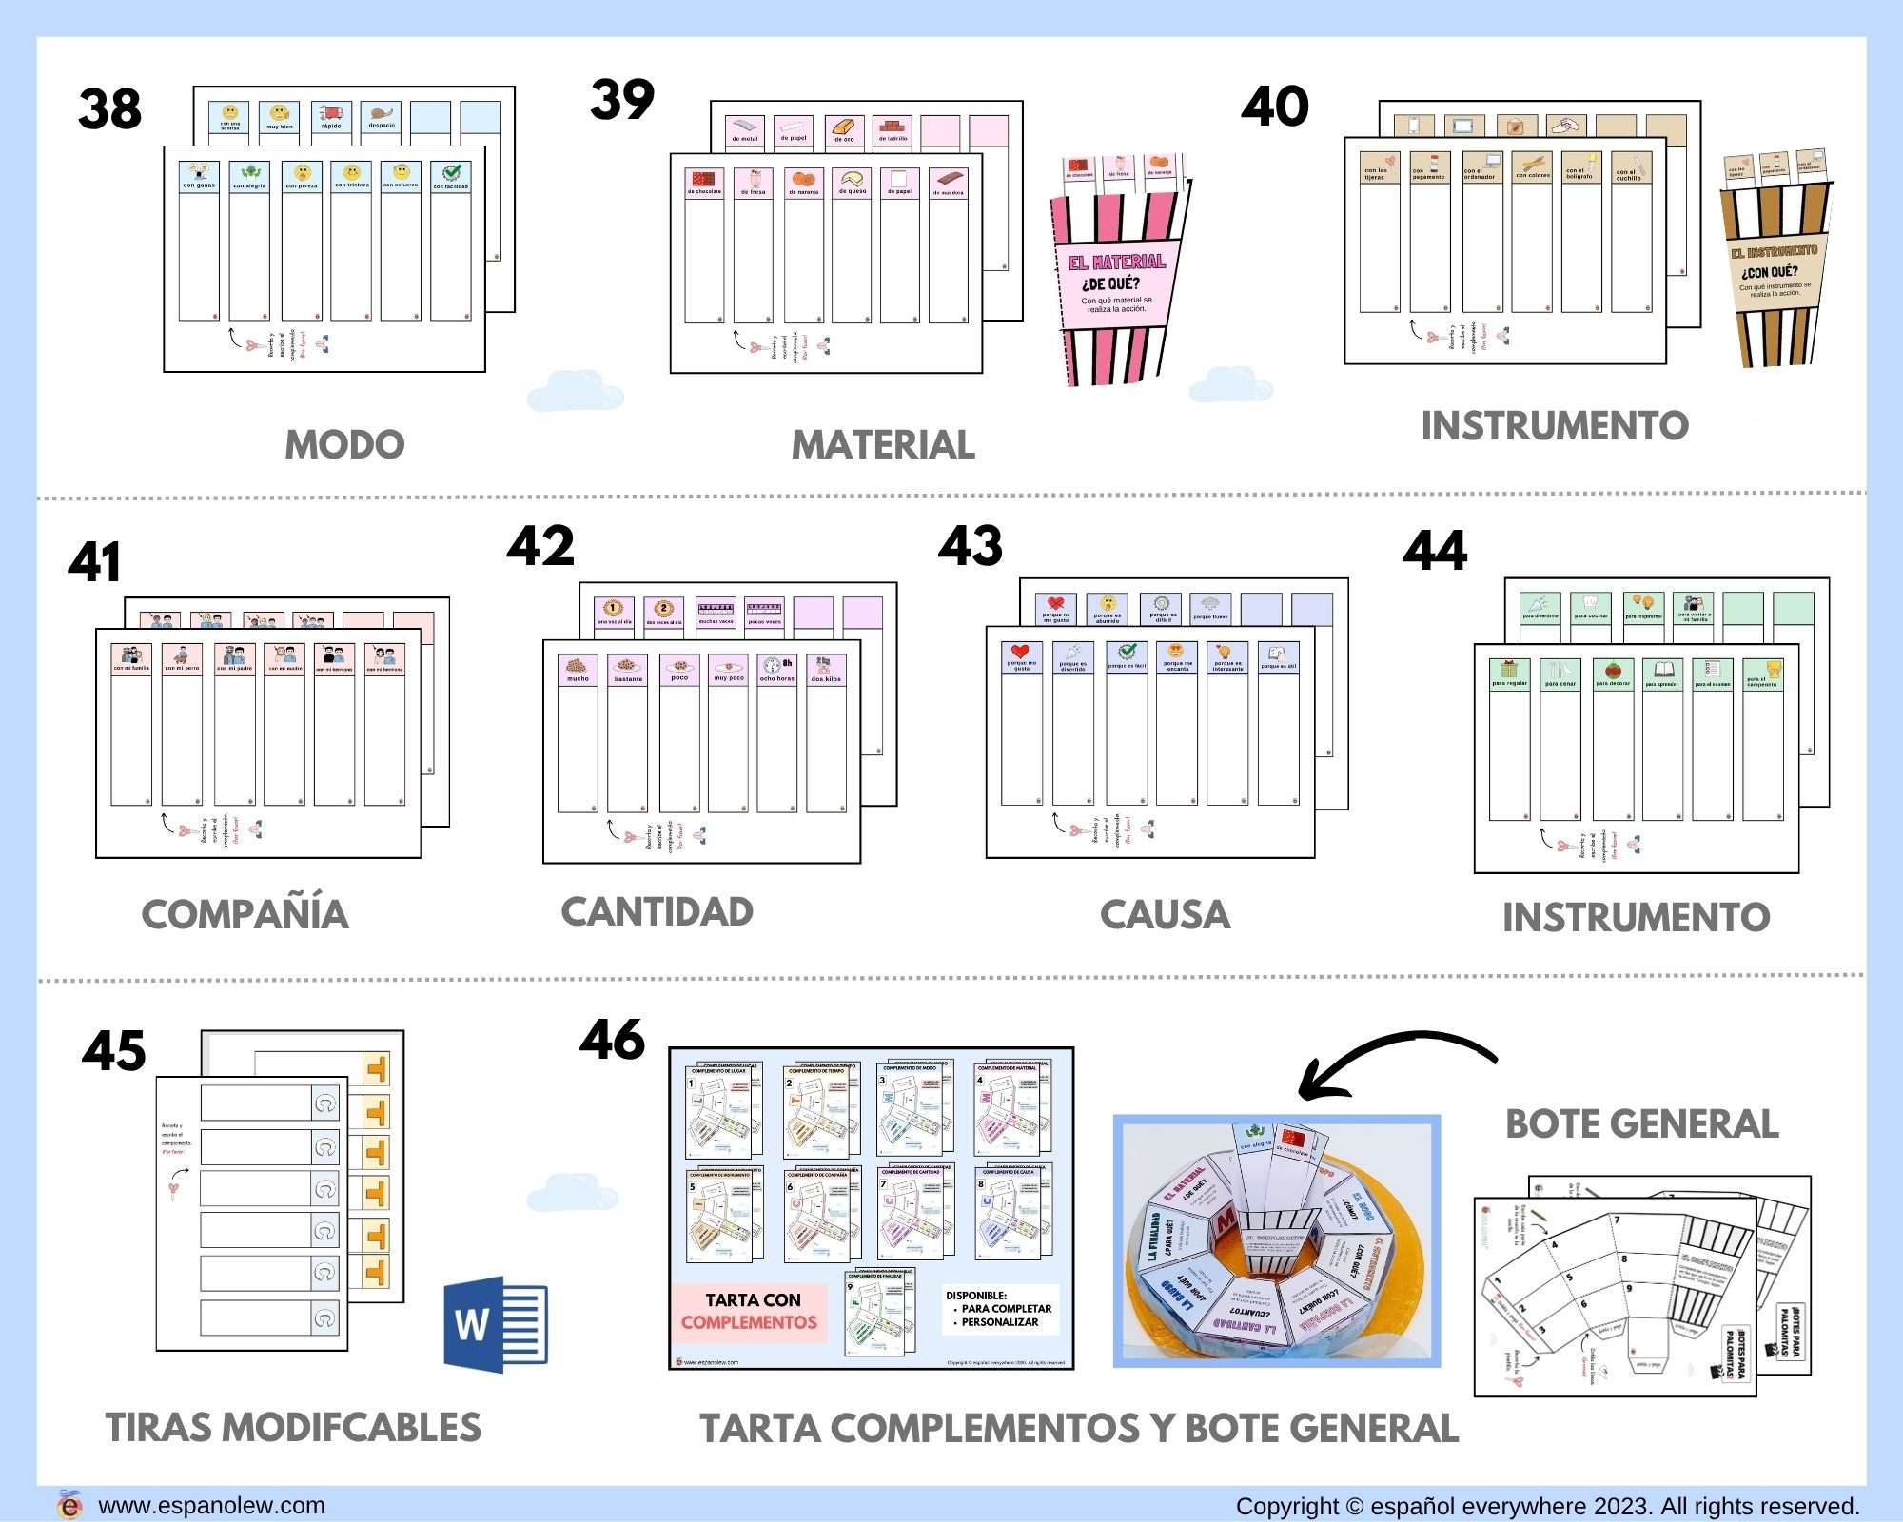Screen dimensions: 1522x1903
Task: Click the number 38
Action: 110,108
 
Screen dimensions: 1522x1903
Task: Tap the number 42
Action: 540,546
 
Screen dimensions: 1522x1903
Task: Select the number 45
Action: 114,1051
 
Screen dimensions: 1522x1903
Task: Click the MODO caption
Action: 344,444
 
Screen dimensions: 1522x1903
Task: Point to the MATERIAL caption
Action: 883,444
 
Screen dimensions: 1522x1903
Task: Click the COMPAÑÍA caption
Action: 245,914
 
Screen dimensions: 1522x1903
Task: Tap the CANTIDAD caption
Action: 657,911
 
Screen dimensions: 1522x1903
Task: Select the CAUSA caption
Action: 1165,914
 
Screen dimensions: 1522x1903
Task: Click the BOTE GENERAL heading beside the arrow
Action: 1641,1123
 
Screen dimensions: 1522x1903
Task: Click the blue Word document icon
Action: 496,1325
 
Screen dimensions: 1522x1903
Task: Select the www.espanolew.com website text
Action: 211,1506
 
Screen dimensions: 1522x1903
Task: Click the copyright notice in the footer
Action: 1547,1506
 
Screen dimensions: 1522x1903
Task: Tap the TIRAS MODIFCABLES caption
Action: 293,1427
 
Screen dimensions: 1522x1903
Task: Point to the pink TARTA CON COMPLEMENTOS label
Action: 750,1311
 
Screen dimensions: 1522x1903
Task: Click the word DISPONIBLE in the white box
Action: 976,1296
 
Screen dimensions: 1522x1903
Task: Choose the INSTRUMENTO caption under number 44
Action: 1636,917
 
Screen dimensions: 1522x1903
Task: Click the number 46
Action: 613,1040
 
